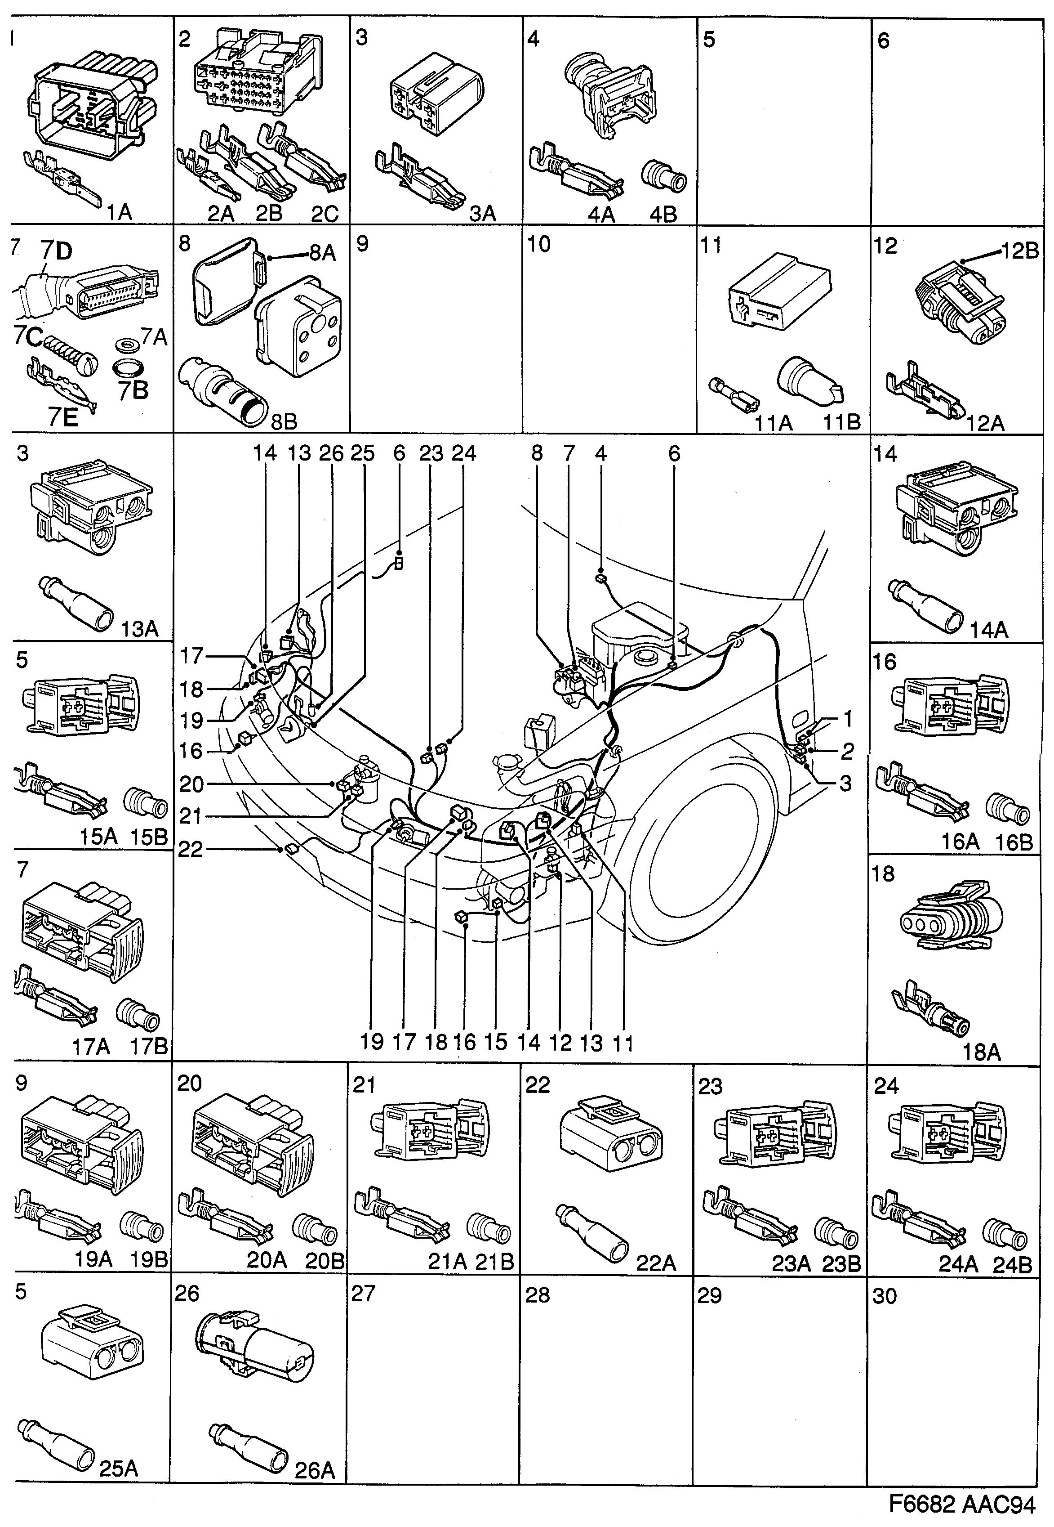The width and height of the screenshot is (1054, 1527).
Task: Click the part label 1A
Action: (120, 212)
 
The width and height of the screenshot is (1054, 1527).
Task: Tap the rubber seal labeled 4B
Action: (664, 178)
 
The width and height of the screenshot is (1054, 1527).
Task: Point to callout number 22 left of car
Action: (191, 849)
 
